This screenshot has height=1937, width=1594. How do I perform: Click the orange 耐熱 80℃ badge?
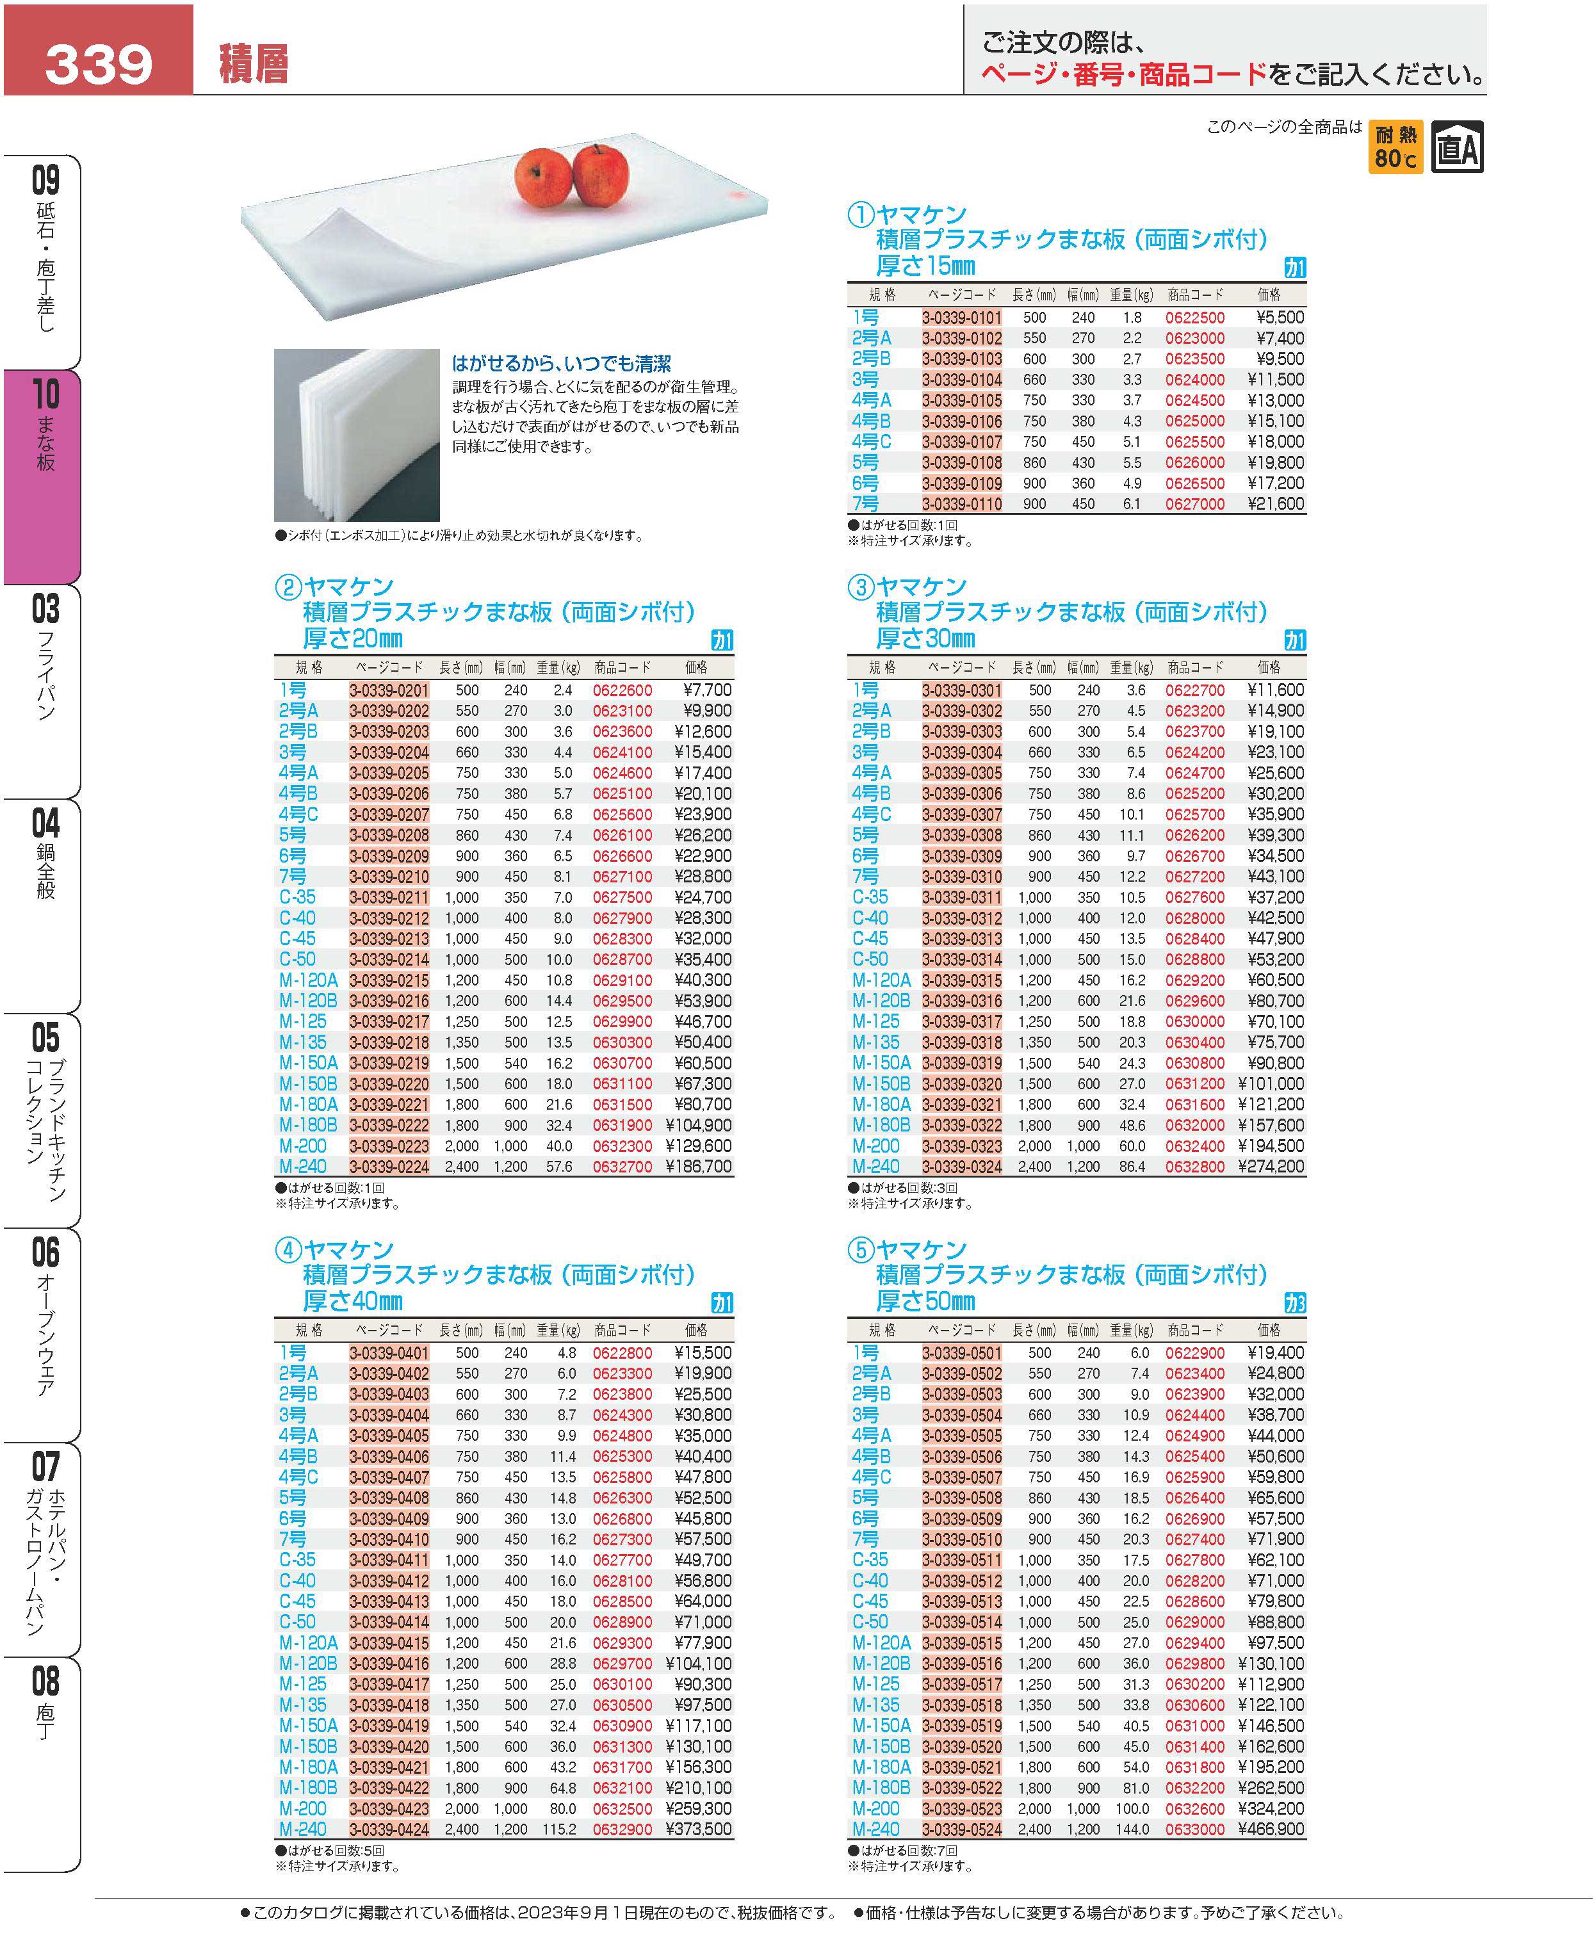tap(1395, 147)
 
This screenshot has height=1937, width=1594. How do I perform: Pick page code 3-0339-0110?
tap(961, 504)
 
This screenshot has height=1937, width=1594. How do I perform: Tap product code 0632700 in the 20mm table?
tap(622, 1167)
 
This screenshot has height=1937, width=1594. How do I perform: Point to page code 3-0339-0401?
tap(388, 1353)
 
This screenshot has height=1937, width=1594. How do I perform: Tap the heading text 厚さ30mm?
tap(925, 639)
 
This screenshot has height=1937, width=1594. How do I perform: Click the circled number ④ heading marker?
tap(288, 1251)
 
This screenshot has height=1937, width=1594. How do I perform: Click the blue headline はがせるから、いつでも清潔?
tap(561, 364)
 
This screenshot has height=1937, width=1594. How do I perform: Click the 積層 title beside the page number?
tap(254, 64)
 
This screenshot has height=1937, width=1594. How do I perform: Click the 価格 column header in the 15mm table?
tap(1268, 295)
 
